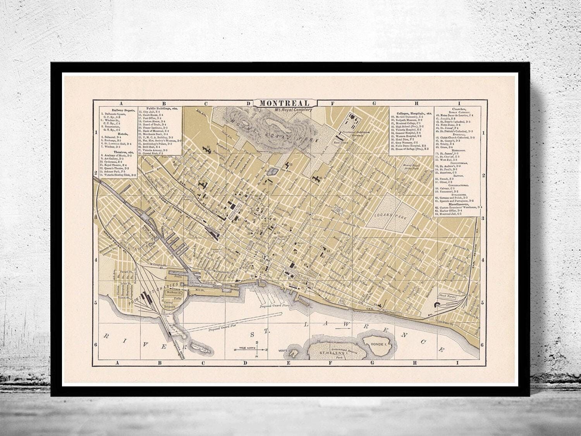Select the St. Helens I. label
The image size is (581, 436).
click(x=329, y=353)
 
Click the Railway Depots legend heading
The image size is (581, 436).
click(x=121, y=110)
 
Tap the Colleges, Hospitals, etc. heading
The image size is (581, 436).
click(x=411, y=113)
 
